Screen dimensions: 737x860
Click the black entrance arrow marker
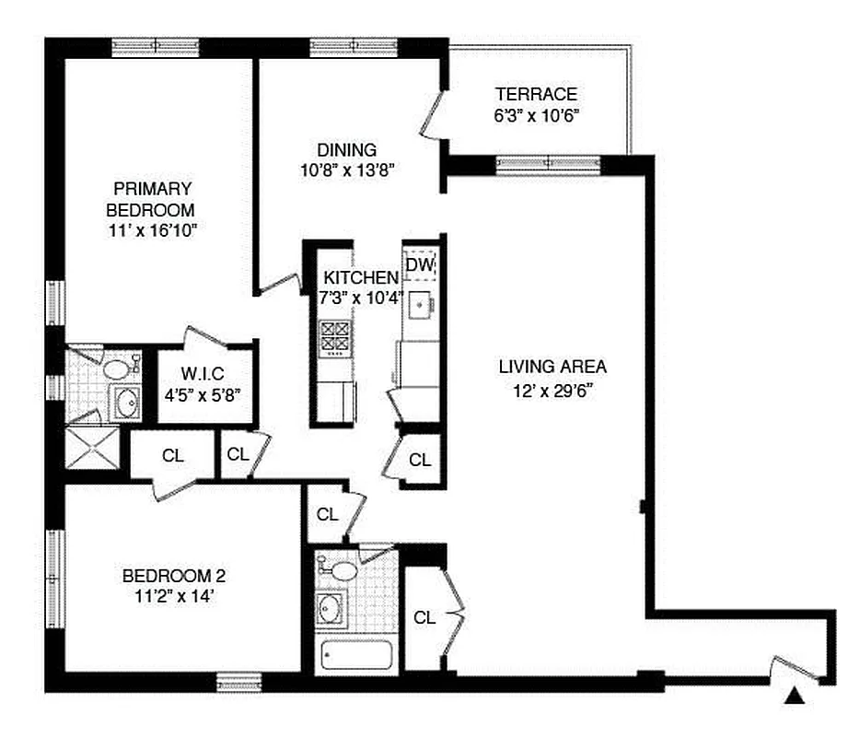793,697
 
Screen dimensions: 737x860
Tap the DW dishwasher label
419,265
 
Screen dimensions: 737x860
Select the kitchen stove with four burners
333,338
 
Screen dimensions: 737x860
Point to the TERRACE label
536,94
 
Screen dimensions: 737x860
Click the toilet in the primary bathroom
117,369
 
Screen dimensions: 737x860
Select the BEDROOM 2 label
174,577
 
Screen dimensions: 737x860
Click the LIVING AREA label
552,367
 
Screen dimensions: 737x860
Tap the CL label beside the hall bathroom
424,617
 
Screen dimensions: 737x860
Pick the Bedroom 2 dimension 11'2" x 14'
174,597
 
